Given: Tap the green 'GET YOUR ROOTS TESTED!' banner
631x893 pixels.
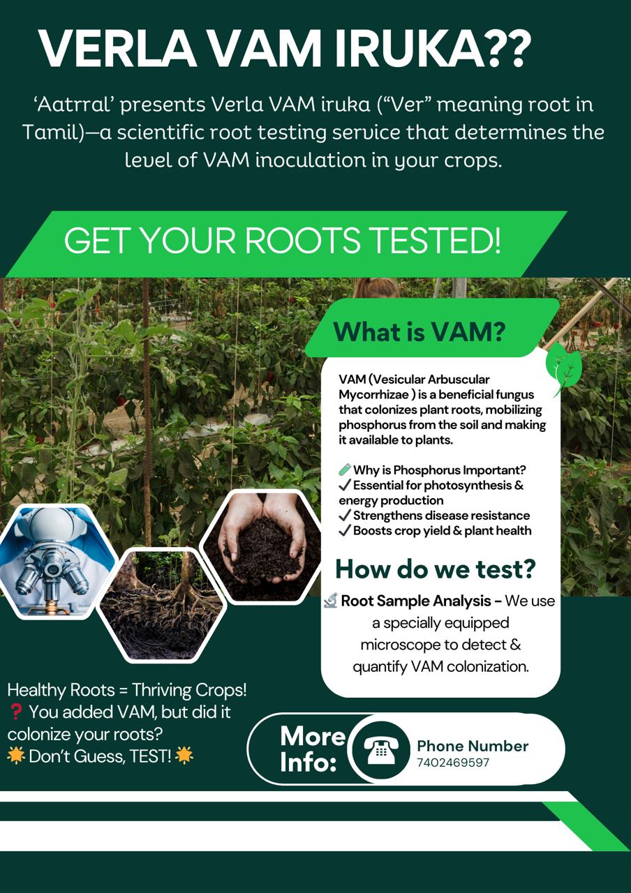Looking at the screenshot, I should [282, 241].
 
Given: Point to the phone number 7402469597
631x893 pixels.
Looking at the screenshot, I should [453, 763].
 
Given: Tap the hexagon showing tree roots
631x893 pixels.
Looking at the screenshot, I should [161, 604].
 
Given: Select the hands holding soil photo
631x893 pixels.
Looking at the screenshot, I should [262, 546].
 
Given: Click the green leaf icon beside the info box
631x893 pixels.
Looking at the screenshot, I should [564, 369].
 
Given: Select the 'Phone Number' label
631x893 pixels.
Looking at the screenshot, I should [473, 746].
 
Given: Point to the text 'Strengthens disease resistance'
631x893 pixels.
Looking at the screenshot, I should [441, 516].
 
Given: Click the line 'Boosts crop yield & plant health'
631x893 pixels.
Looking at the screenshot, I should [442, 531].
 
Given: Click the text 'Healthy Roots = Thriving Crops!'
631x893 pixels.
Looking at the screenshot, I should [127, 691].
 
